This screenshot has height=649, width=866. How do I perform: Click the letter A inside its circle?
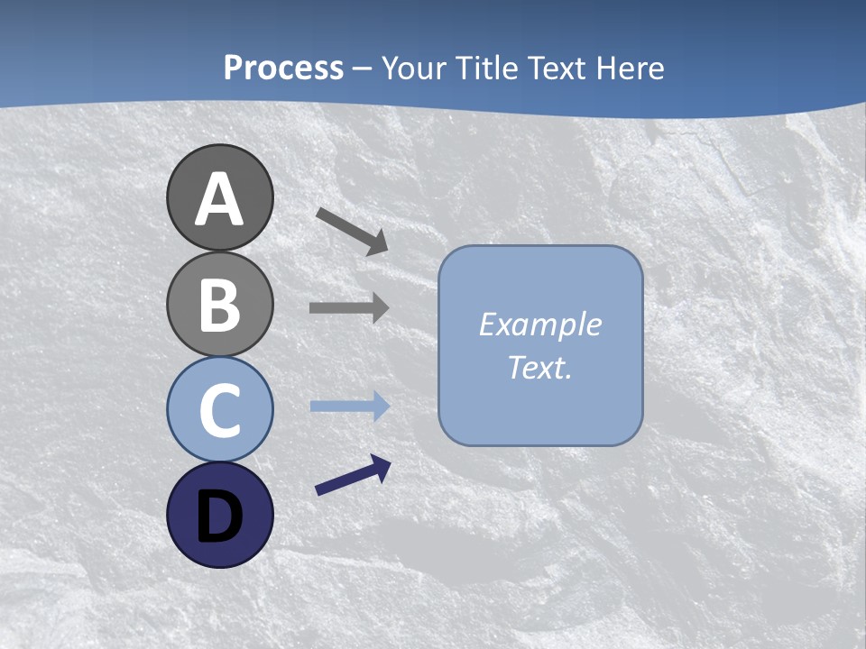pos(219,199)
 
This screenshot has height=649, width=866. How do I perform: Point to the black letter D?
pos(219,516)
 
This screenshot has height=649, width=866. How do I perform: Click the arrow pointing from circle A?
pos(352,231)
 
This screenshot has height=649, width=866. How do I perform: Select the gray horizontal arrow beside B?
pos(349,307)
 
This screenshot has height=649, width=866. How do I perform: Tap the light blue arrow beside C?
pos(350,407)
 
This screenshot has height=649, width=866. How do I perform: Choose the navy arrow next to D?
pos(353,476)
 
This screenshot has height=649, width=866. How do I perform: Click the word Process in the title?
pos(283,68)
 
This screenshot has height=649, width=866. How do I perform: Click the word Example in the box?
pos(539,324)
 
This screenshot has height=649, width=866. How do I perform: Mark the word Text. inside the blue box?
pos(539,367)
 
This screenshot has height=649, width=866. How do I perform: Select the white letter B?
pos(219,305)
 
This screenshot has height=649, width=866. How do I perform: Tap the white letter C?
pos(219,410)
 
